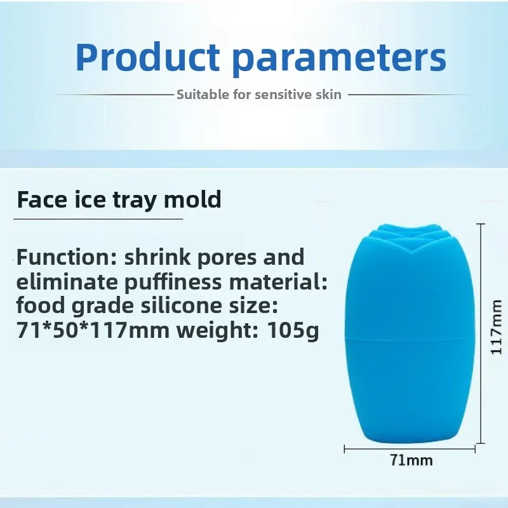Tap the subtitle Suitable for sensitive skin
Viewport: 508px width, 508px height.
click(x=259, y=95)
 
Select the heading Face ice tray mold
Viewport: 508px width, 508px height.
click(x=119, y=199)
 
